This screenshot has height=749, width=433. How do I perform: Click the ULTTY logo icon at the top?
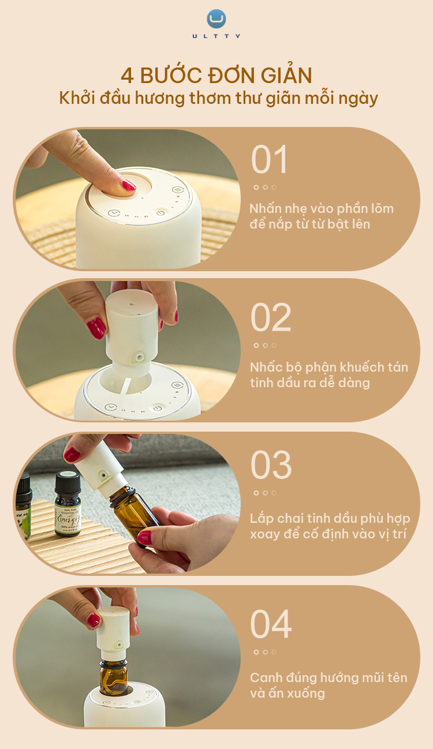[216, 19]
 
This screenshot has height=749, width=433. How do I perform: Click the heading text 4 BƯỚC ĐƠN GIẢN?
[216, 76]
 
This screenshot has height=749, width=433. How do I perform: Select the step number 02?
[271, 318]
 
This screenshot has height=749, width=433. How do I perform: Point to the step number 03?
[271, 465]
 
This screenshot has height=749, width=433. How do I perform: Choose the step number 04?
[271, 624]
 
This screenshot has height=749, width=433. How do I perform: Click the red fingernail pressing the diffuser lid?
[128, 185]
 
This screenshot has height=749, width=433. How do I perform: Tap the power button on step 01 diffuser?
[160, 212]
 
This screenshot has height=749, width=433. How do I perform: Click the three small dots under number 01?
[265, 187]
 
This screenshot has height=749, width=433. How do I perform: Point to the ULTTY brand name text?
[216, 36]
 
